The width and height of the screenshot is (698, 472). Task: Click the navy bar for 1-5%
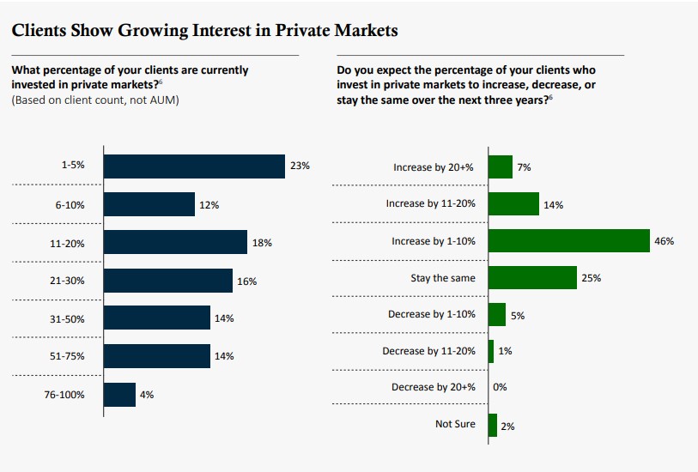coord(193,166)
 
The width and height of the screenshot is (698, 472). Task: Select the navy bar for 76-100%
coord(119,394)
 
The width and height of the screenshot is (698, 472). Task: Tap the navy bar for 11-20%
coord(175,242)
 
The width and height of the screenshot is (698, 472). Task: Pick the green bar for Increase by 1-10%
coord(568,241)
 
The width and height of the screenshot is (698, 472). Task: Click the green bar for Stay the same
coord(531,278)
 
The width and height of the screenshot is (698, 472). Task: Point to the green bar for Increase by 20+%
coord(500,166)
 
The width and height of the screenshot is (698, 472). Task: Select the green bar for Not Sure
coord(492,425)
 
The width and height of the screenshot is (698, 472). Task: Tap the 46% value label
coord(664,241)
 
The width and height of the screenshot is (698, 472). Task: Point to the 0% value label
coord(500,387)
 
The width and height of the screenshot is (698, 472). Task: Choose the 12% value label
coord(209,205)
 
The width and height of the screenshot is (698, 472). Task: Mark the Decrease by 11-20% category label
coord(428,351)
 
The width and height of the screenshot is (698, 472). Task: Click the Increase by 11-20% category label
coord(430,204)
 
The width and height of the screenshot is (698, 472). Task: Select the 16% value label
coord(247,281)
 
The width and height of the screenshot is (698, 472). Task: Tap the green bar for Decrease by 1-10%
coord(496,314)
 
